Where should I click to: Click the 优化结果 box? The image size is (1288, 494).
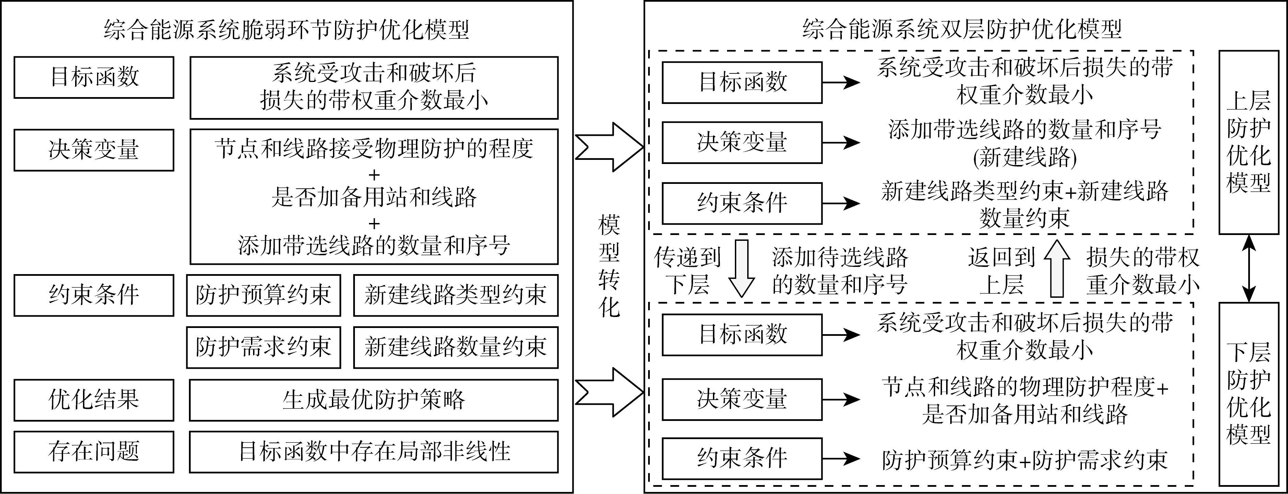(x=94, y=400)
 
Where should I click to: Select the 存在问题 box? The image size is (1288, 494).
(x=94, y=451)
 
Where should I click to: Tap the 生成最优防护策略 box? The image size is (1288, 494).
(x=373, y=400)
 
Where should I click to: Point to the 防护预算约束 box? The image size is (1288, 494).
(x=263, y=295)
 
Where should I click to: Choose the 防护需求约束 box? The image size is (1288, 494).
(x=263, y=347)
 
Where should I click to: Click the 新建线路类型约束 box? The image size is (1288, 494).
(x=455, y=295)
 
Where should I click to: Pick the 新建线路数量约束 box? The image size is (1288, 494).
(x=455, y=347)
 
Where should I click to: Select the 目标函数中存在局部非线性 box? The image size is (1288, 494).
(x=373, y=451)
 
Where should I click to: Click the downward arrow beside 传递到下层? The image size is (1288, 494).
(x=741, y=269)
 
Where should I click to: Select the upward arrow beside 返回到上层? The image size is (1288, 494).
(x=1057, y=269)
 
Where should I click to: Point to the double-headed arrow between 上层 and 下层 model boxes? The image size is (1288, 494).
(x=1249, y=269)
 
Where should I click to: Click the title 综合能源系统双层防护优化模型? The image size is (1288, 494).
(x=963, y=29)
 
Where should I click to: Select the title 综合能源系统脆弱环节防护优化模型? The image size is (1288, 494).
(x=286, y=29)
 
